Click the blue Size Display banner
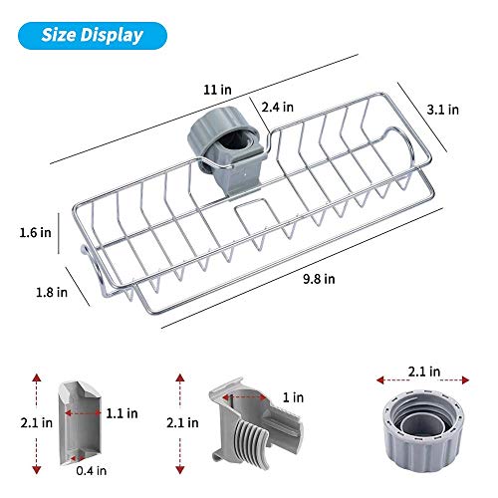(93, 36)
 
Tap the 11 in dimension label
(217, 90)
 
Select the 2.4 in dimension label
(278, 107)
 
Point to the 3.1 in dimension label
(443, 110)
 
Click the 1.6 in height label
(36, 232)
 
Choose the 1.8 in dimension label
(52, 292)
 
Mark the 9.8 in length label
(319, 279)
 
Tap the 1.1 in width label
(122, 413)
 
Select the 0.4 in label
(92, 470)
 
